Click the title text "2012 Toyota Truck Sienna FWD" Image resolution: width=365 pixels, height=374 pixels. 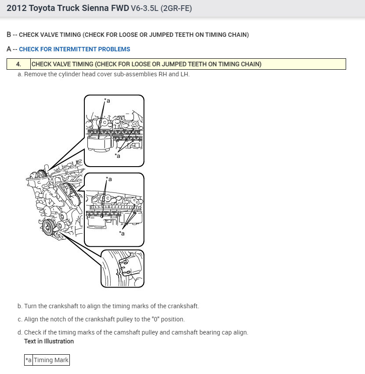[68, 8]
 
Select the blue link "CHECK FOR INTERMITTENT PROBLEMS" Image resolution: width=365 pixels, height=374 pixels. [74, 49]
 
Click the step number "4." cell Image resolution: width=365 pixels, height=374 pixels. [18, 64]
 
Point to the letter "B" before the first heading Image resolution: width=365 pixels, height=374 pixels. [9, 35]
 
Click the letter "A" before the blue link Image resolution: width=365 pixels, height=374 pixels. [9, 49]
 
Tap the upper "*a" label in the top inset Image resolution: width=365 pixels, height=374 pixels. [107, 101]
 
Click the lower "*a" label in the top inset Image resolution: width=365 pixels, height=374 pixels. [118, 156]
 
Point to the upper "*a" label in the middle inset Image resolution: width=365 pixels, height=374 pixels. [108, 179]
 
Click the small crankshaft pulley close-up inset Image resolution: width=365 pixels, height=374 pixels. [123, 268]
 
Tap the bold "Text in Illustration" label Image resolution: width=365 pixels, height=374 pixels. [49, 341]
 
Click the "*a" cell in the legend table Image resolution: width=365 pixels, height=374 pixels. [29, 360]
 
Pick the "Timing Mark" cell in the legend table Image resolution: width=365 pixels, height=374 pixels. [51, 360]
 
